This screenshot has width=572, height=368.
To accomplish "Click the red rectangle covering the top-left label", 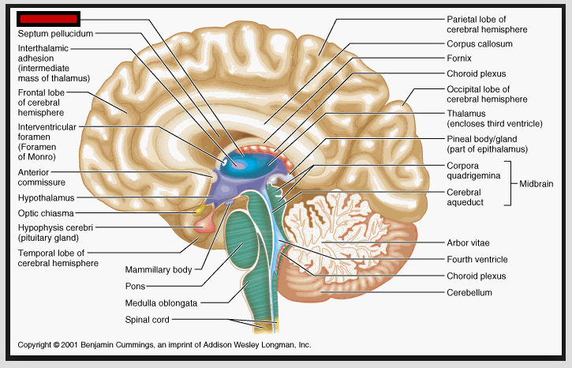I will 48,17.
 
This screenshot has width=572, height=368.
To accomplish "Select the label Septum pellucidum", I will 55,35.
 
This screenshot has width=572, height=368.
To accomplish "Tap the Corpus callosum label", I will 479,44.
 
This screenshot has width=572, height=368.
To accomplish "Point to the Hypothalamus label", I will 46,197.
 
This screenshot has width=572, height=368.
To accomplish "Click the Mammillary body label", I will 159,269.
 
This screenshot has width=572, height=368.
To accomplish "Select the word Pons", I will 136,286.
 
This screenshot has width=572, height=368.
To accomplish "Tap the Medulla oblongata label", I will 161,302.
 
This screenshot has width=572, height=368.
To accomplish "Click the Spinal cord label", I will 147,320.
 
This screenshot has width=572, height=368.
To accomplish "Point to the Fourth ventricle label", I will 477,259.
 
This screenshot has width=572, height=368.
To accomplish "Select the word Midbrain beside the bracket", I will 536,183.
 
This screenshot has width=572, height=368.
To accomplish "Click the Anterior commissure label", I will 39,177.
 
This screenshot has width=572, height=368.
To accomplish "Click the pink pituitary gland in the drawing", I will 203,227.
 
